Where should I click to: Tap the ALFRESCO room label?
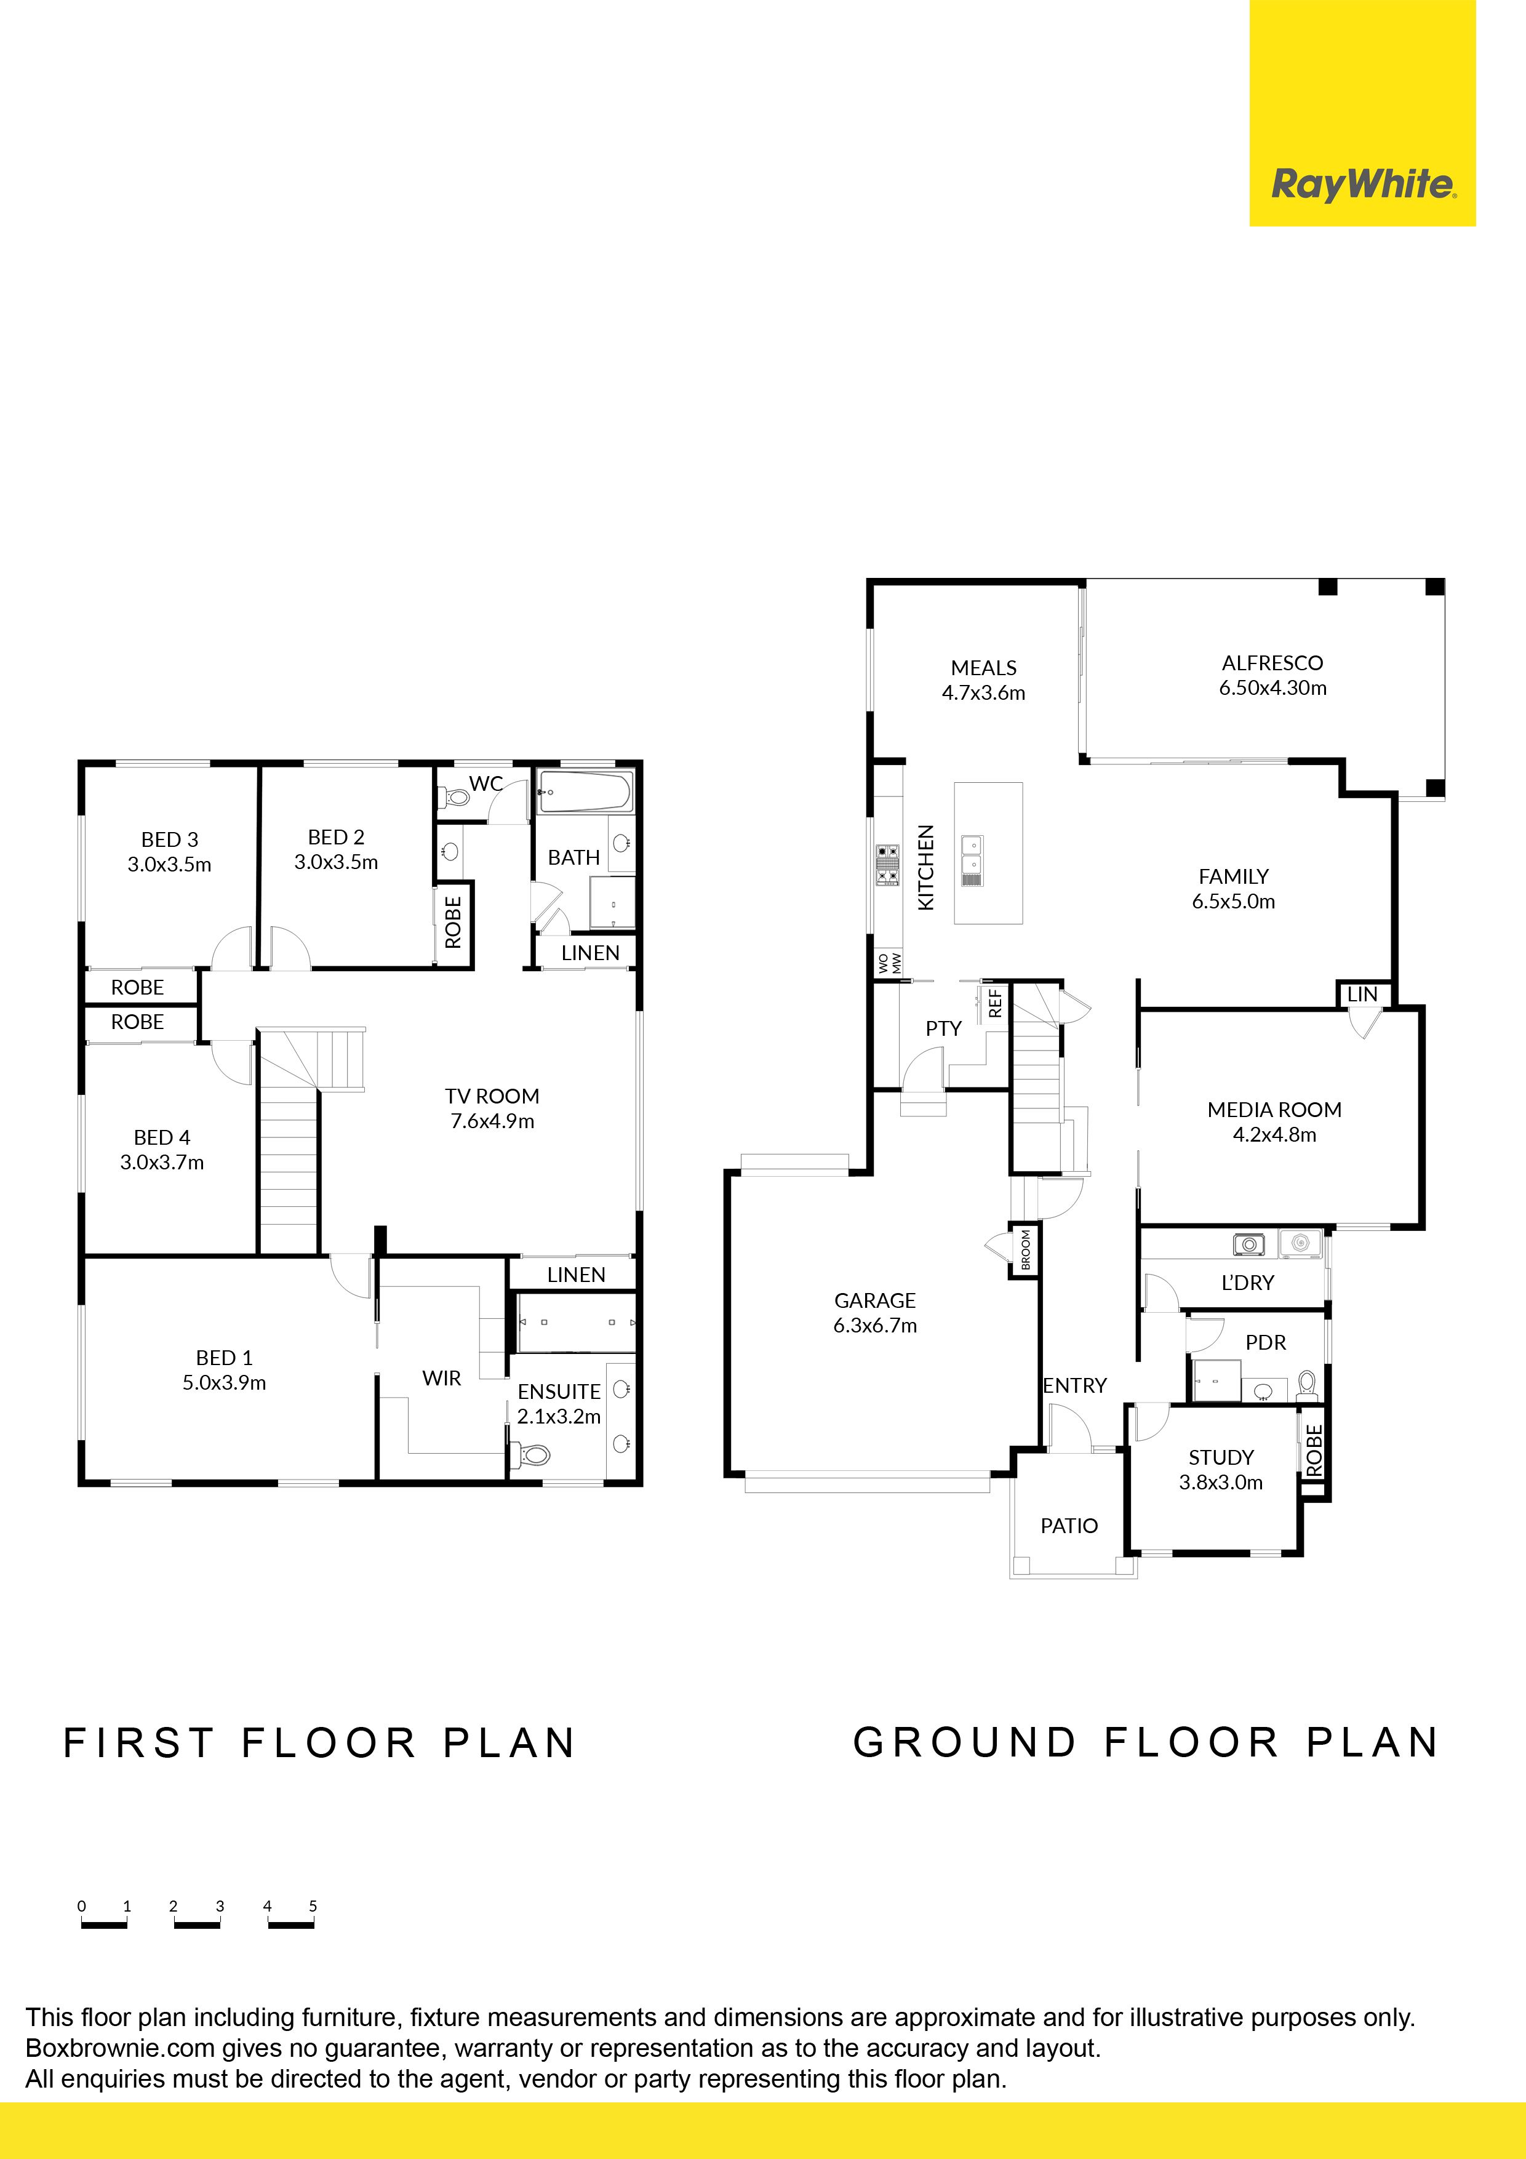[1272, 663]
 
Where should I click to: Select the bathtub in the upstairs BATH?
[585, 791]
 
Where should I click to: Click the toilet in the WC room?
[456, 798]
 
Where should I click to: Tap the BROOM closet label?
[1026, 1250]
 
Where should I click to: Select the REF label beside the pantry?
[995, 1003]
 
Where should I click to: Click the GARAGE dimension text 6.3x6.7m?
[874, 1326]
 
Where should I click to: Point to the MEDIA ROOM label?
[1274, 1110]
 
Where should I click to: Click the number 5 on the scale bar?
[313, 1906]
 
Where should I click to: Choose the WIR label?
[442, 1379]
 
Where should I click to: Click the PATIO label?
[1069, 1525]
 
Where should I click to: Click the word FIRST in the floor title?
[139, 1744]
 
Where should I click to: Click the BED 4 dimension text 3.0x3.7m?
[162, 1162]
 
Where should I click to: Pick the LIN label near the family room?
[1362, 994]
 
